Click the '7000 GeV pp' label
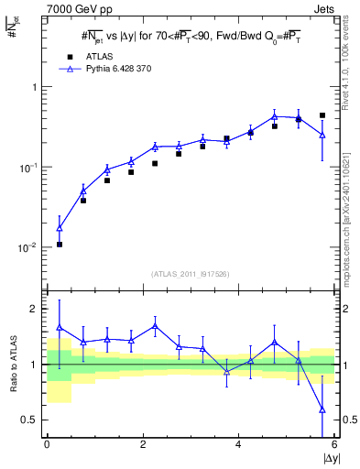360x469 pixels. click(x=75, y=8)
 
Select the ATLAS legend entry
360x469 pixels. click(x=97, y=55)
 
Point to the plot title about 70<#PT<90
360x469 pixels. click(x=190, y=36)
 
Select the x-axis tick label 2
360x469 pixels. click(x=142, y=444)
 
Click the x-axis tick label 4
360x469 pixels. click(x=238, y=444)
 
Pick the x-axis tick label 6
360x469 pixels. click(x=333, y=444)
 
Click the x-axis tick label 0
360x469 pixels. click(x=47, y=444)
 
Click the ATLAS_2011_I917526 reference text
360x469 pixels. click(x=190, y=274)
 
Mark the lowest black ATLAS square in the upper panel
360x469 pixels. click(x=60, y=245)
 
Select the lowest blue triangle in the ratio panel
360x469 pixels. click(x=322, y=409)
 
